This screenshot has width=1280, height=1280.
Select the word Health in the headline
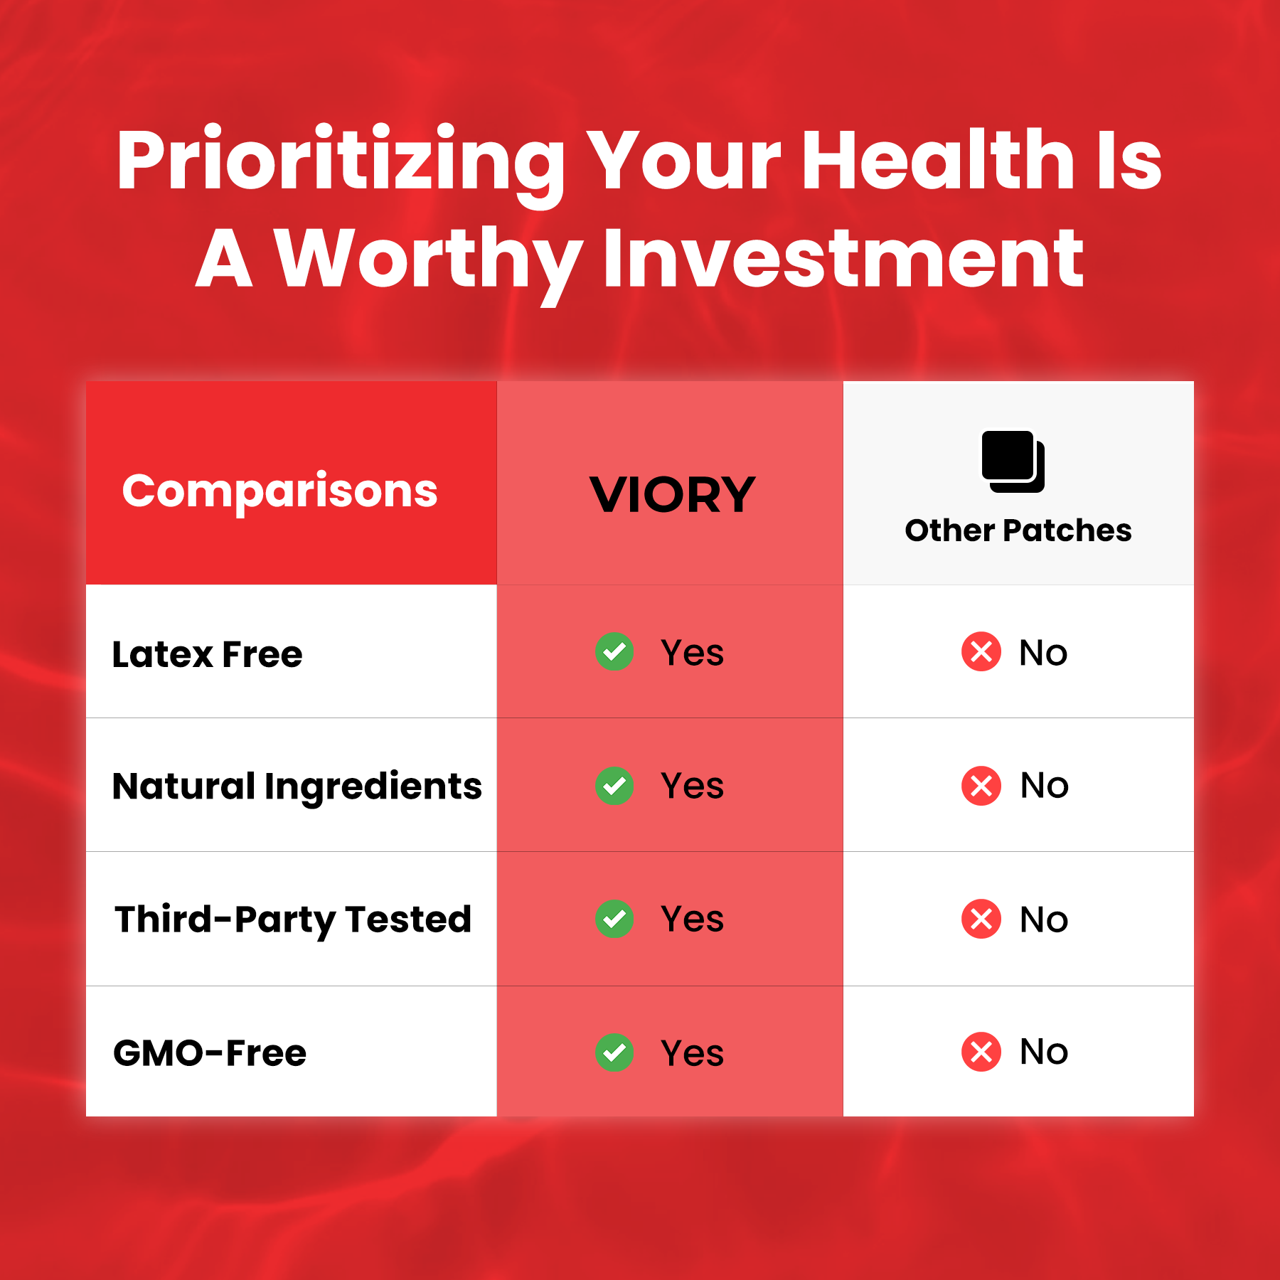click(938, 159)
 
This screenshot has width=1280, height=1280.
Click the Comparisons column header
click(279, 492)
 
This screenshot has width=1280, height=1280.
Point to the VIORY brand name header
click(672, 494)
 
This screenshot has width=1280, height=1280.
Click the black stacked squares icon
click(1013, 462)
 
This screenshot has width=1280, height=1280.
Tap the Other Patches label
click(1018, 530)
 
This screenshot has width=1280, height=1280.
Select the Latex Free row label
click(207, 654)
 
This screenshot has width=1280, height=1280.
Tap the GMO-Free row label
click(210, 1053)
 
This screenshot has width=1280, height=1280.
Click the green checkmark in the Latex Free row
click(614, 651)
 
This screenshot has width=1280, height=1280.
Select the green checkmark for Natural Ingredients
click(614, 786)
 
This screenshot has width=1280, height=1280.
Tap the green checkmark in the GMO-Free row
click(614, 1052)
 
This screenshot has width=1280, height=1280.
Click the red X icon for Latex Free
click(981, 651)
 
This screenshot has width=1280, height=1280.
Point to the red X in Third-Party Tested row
click(981, 919)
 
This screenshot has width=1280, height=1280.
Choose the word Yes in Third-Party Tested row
click(692, 919)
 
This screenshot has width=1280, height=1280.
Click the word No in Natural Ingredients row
click(1044, 786)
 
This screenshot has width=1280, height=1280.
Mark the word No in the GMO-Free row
click(1044, 1052)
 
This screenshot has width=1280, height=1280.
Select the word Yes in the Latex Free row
click(692, 652)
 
